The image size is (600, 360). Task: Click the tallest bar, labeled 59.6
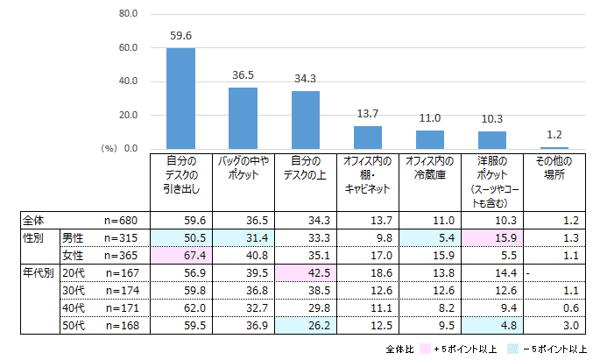tap(180, 98)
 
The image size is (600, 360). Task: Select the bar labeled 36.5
tap(243, 118)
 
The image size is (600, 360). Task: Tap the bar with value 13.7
tap(367, 138)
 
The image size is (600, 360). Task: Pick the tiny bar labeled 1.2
tap(554, 148)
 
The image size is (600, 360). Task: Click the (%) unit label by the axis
tap(109, 149)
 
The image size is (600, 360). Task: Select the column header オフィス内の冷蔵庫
tap(429, 168)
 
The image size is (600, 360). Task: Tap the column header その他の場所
tap(554, 168)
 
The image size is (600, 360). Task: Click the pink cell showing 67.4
tap(180, 255)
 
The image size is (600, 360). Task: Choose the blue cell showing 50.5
tap(180, 237)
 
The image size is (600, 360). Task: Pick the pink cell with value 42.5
tap(305, 272)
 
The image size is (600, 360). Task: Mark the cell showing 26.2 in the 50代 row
tap(305, 325)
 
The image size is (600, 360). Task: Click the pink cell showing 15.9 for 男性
tap(491, 237)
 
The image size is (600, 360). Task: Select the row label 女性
tap(73, 255)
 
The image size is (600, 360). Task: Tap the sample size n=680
tap(121, 220)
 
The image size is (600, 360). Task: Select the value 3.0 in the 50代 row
tap(554, 325)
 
